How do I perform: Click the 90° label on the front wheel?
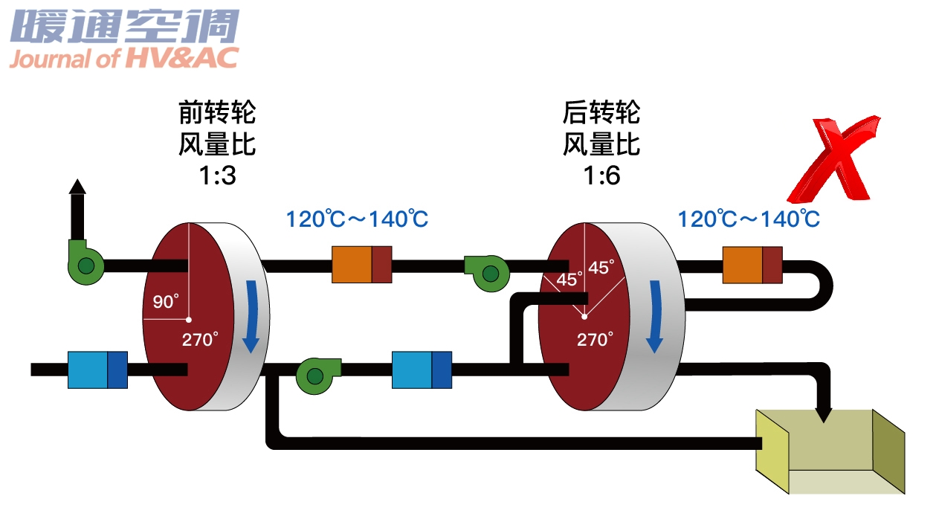click(166, 301)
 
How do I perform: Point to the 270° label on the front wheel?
click(201, 340)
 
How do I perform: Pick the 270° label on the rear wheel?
click(596, 340)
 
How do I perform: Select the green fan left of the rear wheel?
click(485, 272)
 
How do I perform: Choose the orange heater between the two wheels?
click(361, 264)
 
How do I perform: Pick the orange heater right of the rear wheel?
click(752, 264)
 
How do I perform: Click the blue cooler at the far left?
click(97, 370)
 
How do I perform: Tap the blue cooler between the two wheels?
click(422, 370)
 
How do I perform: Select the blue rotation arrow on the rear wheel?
click(654, 315)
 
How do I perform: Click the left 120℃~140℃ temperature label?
click(358, 219)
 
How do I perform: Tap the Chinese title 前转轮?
click(217, 113)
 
